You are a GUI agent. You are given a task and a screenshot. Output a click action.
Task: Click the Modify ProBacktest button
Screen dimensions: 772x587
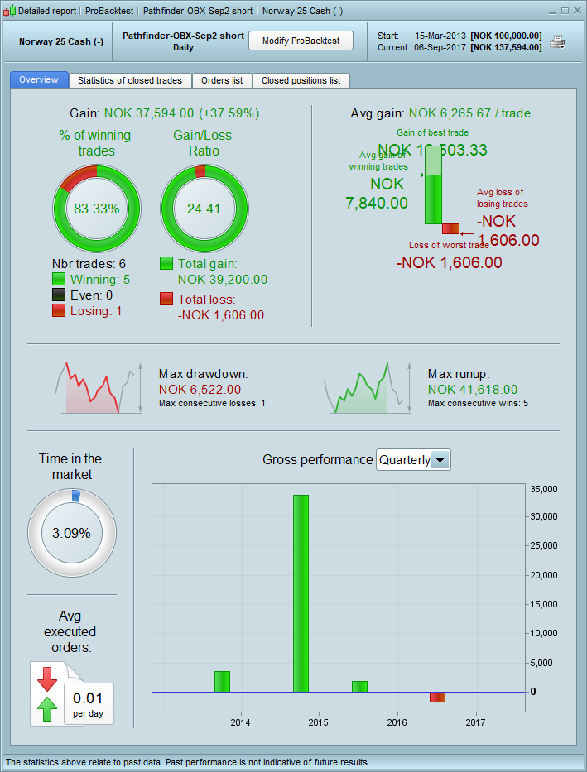click(x=301, y=41)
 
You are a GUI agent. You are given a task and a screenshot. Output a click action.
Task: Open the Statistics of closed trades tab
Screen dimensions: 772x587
click(x=130, y=80)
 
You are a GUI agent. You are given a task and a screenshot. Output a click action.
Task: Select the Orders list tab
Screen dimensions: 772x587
click(x=222, y=80)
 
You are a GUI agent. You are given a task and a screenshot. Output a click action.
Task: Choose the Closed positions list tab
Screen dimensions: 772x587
click(x=301, y=80)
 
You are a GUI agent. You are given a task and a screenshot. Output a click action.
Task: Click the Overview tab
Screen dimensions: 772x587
click(x=39, y=79)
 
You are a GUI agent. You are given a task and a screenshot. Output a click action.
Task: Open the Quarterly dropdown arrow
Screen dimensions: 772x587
click(x=440, y=460)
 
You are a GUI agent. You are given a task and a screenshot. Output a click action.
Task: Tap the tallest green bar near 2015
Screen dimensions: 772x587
click(x=301, y=592)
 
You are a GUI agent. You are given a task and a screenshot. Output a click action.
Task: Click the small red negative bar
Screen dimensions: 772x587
click(x=437, y=698)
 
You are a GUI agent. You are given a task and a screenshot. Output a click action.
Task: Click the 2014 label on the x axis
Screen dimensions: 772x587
click(x=240, y=723)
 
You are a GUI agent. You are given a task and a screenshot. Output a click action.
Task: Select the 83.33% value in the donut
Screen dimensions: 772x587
click(x=97, y=209)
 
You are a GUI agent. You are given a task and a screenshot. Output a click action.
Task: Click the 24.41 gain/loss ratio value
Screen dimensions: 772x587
click(x=204, y=209)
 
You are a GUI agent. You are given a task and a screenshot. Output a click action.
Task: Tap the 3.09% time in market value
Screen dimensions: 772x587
click(x=71, y=533)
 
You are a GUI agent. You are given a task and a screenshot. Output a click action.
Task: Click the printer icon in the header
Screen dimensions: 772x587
click(x=559, y=41)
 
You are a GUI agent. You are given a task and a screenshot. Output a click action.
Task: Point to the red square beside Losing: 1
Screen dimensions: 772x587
click(x=59, y=311)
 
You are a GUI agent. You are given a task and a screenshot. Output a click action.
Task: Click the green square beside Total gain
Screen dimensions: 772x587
click(x=166, y=263)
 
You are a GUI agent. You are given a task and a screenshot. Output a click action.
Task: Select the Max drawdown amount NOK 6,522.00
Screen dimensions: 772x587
click(x=200, y=389)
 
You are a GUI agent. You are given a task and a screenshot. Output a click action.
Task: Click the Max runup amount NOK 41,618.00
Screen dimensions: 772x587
click(x=473, y=389)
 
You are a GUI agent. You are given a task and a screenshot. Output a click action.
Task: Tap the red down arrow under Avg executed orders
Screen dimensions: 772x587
click(x=47, y=678)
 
